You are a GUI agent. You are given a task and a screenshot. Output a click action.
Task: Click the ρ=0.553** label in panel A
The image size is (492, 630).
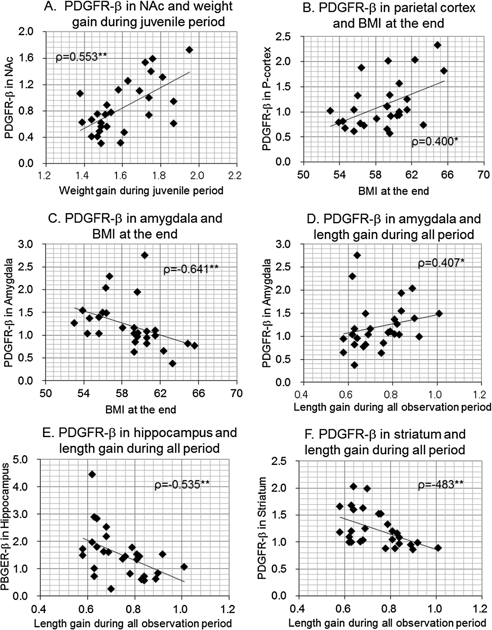[x=81, y=57]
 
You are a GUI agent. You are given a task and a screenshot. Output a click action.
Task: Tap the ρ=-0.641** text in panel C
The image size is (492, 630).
[x=191, y=269]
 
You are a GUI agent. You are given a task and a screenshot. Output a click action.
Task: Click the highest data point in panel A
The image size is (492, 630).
[x=189, y=50]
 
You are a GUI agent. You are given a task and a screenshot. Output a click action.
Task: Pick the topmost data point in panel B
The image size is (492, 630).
[x=437, y=45]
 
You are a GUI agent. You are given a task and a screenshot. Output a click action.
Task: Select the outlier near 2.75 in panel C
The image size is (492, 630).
[x=144, y=255]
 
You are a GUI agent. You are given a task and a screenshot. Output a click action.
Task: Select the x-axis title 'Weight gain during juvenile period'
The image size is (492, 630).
[x=141, y=190]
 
